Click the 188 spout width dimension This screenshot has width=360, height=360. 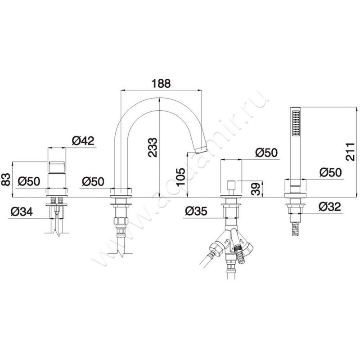(x=161, y=83)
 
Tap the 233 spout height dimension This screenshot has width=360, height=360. (x=153, y=148)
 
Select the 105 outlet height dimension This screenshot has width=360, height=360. (x=180, y=177)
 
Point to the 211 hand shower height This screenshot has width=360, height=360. (x=350, y=152)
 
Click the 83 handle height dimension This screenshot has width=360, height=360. (x=7, y=179)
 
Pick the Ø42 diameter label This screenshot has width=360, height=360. (x=83, y=140)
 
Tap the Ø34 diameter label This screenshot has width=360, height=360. (x=22, y=211)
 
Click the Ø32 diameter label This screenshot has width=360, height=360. (x=330, y=207)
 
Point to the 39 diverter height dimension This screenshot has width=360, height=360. (x=256, y=189)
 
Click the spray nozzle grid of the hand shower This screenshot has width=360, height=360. (x=296, y=123)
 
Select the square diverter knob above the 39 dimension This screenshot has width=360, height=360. (x=231, y=185)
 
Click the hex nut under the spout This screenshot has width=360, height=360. (x=121, y=221)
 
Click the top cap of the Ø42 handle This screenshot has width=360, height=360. (x=57, y=166)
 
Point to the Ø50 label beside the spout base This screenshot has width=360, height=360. (x=93, y=182)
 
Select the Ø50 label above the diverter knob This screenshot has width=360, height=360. (x=266, y=153)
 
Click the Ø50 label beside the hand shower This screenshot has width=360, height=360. (x=331, y=172)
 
